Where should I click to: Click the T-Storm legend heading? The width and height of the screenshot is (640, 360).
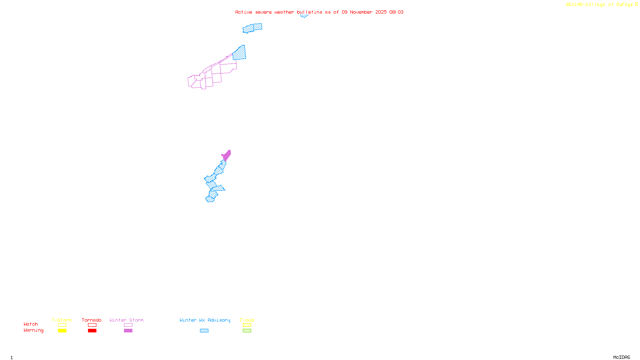tap(62, 320)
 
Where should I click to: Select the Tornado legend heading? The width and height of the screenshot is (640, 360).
tap(92, 320)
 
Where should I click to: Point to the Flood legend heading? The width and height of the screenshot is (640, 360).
tap(247, 320)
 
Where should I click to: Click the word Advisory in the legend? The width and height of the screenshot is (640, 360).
tap(219, 320)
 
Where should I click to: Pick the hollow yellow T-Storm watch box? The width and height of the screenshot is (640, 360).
tap(62, 325)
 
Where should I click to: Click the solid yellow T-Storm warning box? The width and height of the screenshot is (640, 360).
tap(62, 331)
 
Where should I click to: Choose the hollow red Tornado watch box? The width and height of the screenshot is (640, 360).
tap(92, 325)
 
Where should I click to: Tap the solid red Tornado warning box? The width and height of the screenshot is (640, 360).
tap(92, 331)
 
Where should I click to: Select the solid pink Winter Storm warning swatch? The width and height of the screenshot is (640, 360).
tap(128, 331)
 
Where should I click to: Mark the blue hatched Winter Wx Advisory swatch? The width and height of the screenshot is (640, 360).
tap(204, 331)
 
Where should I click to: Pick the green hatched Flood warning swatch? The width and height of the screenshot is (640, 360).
tap(247, 331)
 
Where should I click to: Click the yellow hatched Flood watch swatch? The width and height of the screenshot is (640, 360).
tap(247, 325)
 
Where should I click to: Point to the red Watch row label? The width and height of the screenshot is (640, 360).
tap(31, 324)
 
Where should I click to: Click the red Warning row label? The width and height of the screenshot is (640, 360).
tap(33, 330)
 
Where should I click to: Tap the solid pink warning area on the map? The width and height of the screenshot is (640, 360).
tap(226, 155)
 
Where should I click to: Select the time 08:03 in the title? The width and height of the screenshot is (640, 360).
tap(396, 12)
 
